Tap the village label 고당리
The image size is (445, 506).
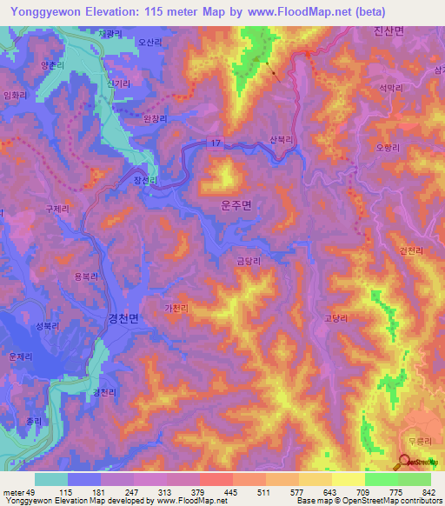click(x=335, y=317)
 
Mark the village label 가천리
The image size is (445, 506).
click(x=176, y=308)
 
